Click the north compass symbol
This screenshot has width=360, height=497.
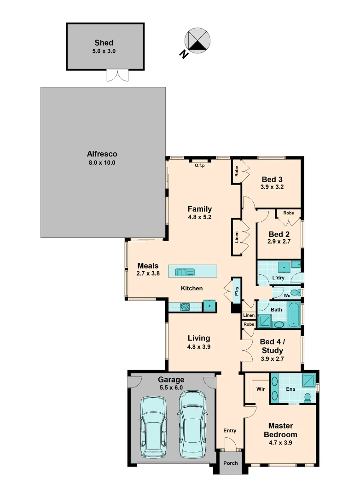[x=197, y=40]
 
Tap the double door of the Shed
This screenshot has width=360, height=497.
[x=116, y=75]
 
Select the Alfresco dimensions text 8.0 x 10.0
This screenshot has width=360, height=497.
[x=102, y=163]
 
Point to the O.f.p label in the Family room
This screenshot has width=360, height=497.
[x=199, y=165]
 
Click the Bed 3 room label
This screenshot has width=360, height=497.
[x=272, y=179]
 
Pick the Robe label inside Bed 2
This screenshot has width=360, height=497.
[x=289, y=213]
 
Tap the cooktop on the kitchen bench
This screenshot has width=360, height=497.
[x=185, y=306]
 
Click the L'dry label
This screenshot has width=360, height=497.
[x=278, y=278]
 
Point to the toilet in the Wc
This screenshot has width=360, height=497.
[x=295, y=292]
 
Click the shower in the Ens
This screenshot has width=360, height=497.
[x=309, y=380]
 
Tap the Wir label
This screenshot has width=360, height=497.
[x=260, y=389]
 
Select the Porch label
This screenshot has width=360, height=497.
[x=231, y=463]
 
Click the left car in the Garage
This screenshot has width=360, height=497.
[x=153, y=428]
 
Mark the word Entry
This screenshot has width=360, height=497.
[x=230, y=431]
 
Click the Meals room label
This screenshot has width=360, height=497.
[x=148, y=266]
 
